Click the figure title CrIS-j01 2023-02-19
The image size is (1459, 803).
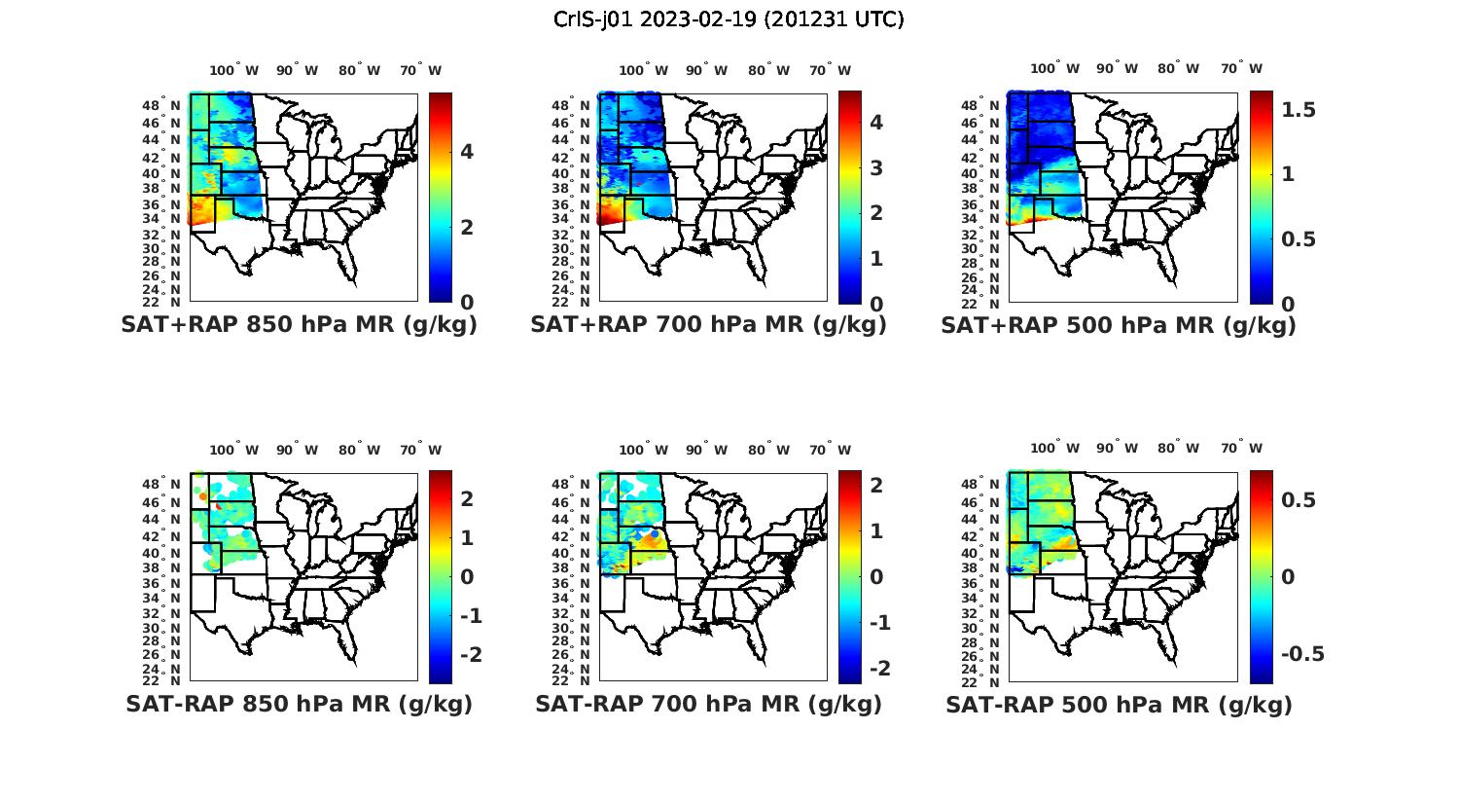tap(729, 18)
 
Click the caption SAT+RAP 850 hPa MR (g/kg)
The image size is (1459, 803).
tap(299, 325)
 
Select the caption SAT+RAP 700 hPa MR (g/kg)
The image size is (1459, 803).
tap(708, 325)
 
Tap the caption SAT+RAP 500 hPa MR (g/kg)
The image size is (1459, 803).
tap(1119, 325)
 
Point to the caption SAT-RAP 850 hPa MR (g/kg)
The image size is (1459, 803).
tap(299, 704)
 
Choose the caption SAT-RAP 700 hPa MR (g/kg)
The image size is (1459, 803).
tap(708, 704)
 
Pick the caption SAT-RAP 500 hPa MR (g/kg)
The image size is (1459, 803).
tap(1119, 704)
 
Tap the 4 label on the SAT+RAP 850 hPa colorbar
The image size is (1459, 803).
tap(467, 151)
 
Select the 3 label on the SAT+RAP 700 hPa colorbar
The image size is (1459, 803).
tap(876, 167)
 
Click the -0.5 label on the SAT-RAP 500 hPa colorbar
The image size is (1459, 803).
tap(1301, 653)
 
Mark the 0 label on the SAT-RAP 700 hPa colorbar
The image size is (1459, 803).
tap(876, 576)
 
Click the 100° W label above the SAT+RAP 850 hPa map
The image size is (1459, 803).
tap(234, 70)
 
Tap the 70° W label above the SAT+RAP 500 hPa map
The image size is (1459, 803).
tap(1241, 68)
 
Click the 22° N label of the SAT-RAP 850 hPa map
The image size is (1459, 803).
tap(170, 680)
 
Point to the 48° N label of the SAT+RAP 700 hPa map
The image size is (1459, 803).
tap(580, 105)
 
